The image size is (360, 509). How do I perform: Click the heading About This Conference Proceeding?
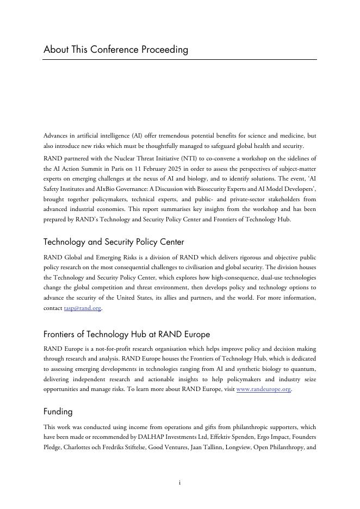[x=116, y=49]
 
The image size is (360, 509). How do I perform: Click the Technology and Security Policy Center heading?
[x=114, y=242]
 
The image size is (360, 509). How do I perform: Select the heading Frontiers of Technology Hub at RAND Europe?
[x=127, y=334]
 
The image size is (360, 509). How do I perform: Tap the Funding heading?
[x=58, y=412]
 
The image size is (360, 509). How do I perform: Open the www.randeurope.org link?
[x=264, y=390]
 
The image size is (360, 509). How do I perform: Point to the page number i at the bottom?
[x=180, y=483]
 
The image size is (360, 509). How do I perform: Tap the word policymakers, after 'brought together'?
[x=122, y=199]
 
